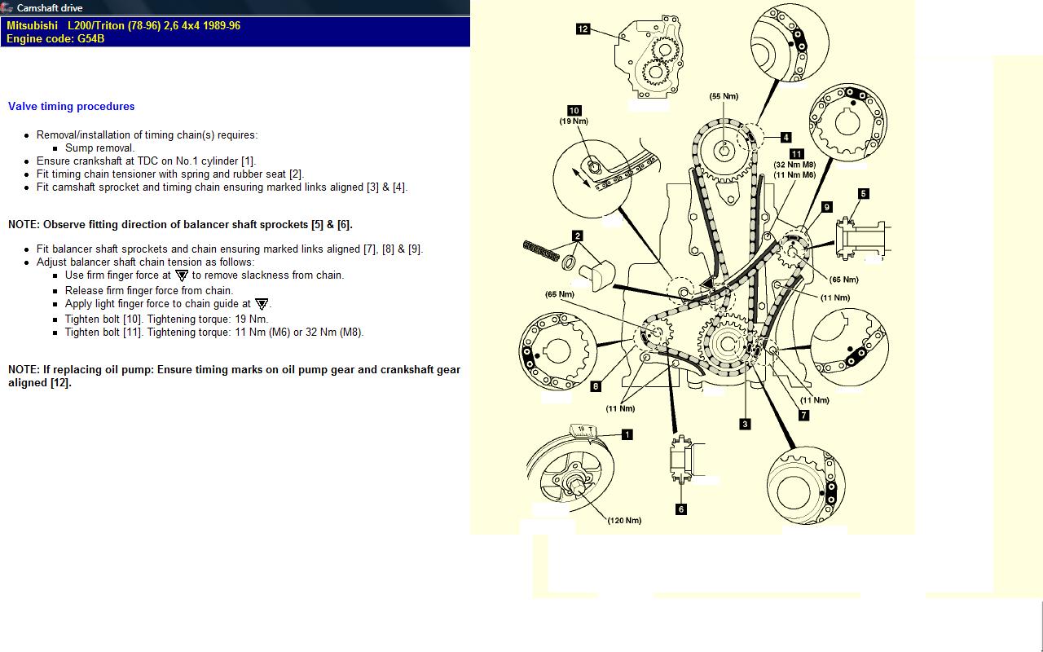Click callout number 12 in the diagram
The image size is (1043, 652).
(583, 29)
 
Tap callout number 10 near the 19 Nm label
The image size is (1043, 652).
(574, 111)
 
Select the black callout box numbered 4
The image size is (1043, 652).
(786, 138)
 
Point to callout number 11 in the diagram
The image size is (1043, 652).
(797, 154)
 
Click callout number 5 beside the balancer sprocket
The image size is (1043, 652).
(864, 194)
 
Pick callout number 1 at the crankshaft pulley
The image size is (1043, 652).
(627, 434)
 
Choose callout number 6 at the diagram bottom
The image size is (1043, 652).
(681, 509)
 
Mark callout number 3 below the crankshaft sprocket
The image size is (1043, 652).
(745, 424)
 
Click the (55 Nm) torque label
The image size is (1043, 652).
(724, 96)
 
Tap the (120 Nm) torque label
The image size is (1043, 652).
(624, 520)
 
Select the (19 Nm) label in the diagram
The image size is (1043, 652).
(574, 121)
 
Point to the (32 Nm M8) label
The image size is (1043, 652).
(794, 165)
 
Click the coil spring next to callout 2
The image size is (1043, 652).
(541, 250)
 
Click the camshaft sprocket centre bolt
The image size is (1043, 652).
(724, 150)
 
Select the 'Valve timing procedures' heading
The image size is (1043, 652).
(72, 106)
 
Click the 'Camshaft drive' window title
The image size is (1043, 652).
(50, 8)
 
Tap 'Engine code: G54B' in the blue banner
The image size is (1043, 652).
(55, 38)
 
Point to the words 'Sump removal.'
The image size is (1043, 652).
(99, 148)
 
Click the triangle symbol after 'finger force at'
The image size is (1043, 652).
(182, 275)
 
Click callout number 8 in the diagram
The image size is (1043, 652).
(596, 386)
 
